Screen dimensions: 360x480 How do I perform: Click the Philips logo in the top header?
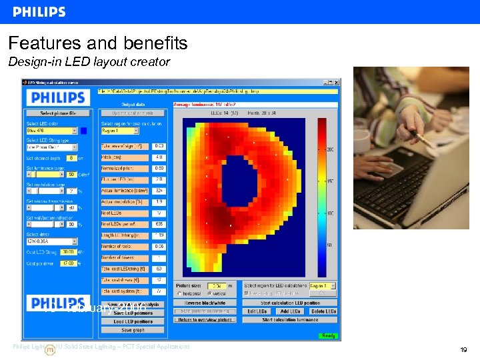39,12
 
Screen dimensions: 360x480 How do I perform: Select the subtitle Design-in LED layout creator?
89,62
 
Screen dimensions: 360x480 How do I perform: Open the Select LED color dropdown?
51,131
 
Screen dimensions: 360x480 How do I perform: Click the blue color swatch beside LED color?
84,131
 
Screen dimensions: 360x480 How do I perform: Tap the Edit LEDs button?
257,311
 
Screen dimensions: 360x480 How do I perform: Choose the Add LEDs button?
290,311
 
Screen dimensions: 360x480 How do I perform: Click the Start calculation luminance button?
289,320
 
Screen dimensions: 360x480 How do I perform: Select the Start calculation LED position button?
289,303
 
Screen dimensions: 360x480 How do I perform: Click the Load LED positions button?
133,321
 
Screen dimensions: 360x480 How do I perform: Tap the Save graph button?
133,329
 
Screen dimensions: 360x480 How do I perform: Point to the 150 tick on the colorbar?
329,181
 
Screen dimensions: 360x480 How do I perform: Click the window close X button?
335,82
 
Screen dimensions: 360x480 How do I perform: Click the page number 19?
463,349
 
